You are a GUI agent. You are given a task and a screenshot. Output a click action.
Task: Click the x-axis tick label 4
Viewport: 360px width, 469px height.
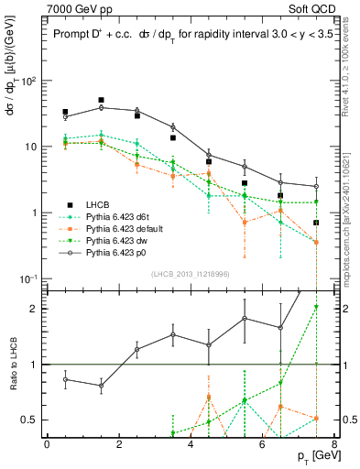191,444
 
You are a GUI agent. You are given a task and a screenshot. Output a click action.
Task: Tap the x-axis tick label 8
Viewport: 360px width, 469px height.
334,444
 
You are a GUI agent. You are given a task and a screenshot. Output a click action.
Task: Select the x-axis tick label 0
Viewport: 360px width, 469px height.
47,444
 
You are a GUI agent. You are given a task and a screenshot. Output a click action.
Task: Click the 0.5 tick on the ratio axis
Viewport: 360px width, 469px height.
28,420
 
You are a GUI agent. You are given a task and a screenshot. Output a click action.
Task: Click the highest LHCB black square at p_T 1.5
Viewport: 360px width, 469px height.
101,100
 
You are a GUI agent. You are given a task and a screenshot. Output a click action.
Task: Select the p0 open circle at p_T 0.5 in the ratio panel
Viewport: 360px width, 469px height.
65,379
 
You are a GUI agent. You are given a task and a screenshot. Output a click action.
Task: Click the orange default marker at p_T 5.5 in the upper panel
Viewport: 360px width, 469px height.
245,222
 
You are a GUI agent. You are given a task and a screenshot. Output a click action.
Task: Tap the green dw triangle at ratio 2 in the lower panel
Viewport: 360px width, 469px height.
316,307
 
